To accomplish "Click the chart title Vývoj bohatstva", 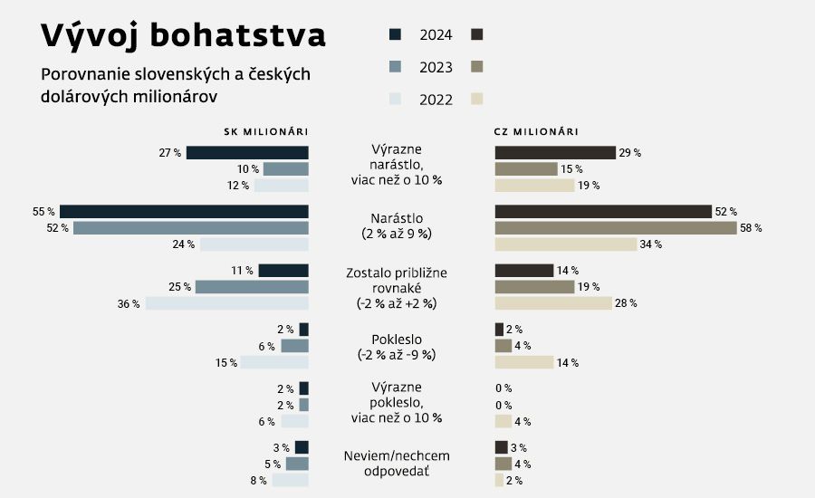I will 184,36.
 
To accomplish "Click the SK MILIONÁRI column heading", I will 265,132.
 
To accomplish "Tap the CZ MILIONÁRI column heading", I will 536,132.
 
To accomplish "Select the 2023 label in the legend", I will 436,67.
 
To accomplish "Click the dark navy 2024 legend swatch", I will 395,34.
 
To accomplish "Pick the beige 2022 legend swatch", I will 477,100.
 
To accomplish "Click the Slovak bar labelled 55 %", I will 184,212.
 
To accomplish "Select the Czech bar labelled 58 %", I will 616,228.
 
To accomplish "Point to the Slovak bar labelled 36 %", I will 227,303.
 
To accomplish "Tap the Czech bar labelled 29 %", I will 555,153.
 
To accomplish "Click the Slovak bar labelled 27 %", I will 247,153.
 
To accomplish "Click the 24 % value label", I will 184,244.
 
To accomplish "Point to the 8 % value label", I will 257,481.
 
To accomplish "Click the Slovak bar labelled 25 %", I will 252,287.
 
